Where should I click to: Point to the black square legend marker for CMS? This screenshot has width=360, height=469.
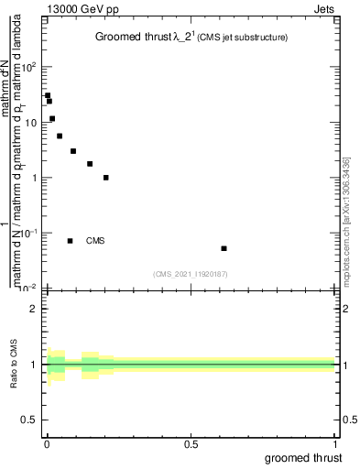[x=70, y=241]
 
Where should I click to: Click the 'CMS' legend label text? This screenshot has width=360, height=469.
[x=95, y=241]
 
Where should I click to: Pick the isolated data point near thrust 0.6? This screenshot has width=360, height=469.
[x=224, y=248]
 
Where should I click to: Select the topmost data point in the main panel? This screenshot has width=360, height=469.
[x=48, y=95]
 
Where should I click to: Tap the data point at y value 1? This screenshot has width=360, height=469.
[x=106, y=178]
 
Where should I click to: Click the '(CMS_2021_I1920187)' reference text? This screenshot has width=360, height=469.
[x=191, y=274]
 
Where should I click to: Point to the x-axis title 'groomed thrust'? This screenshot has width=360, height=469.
[x=304, y=457]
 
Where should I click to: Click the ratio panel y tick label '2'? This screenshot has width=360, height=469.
[x=34, y=309]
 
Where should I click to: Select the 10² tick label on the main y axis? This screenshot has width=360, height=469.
[x=28, y=66]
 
